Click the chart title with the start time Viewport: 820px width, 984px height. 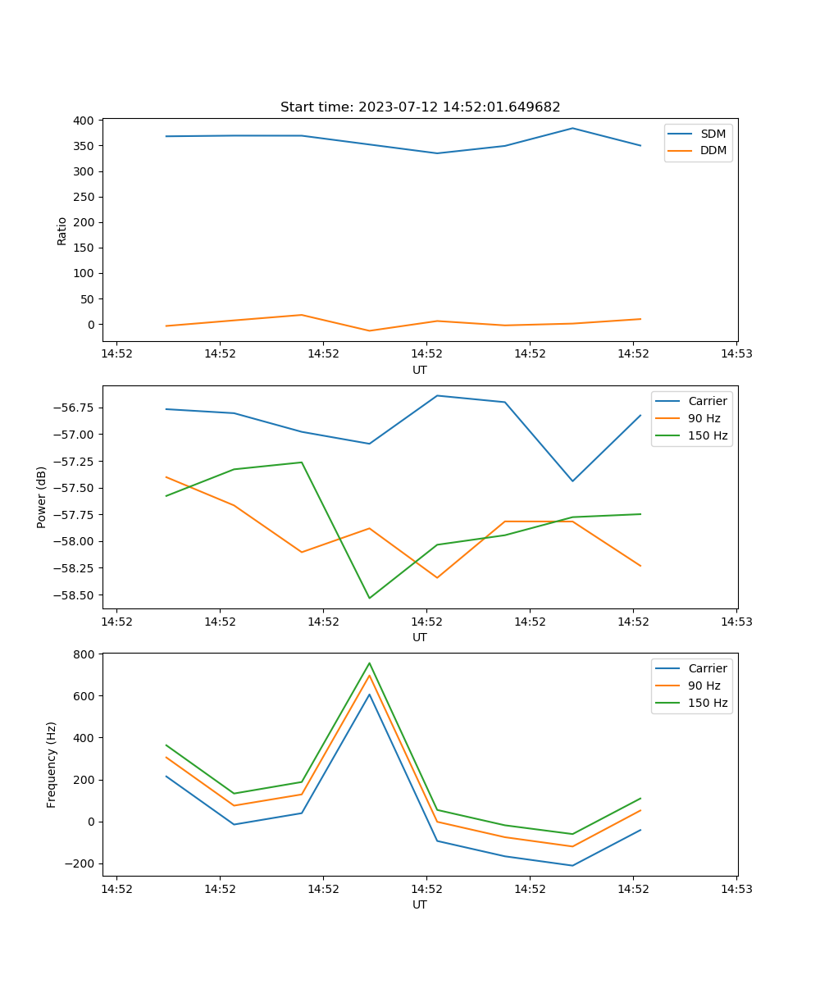click(x=420, y=107)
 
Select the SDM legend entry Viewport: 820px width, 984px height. click(x=713, y=134)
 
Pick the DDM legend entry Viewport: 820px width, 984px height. click(x=713, y=150)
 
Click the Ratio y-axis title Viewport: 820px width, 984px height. click(x=62, y=230)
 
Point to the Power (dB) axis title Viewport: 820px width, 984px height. click(x=42, y=497)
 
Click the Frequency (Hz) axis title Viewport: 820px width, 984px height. click(x=52, y=764)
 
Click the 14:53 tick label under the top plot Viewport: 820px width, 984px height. click(x=736, y=355)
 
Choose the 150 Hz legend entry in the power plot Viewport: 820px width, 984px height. click(x=707, y=435)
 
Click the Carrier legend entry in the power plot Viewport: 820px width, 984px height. click(x=707, y=401)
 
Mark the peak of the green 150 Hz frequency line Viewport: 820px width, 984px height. click(x=369, y=663)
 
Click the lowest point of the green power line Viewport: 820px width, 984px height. click(x=369, y=598)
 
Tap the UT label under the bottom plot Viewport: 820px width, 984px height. click(x=420, y=904)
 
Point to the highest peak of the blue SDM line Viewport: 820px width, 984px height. click(x=572, y=128)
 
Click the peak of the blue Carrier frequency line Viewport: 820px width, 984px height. click(x=369, y=695)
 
